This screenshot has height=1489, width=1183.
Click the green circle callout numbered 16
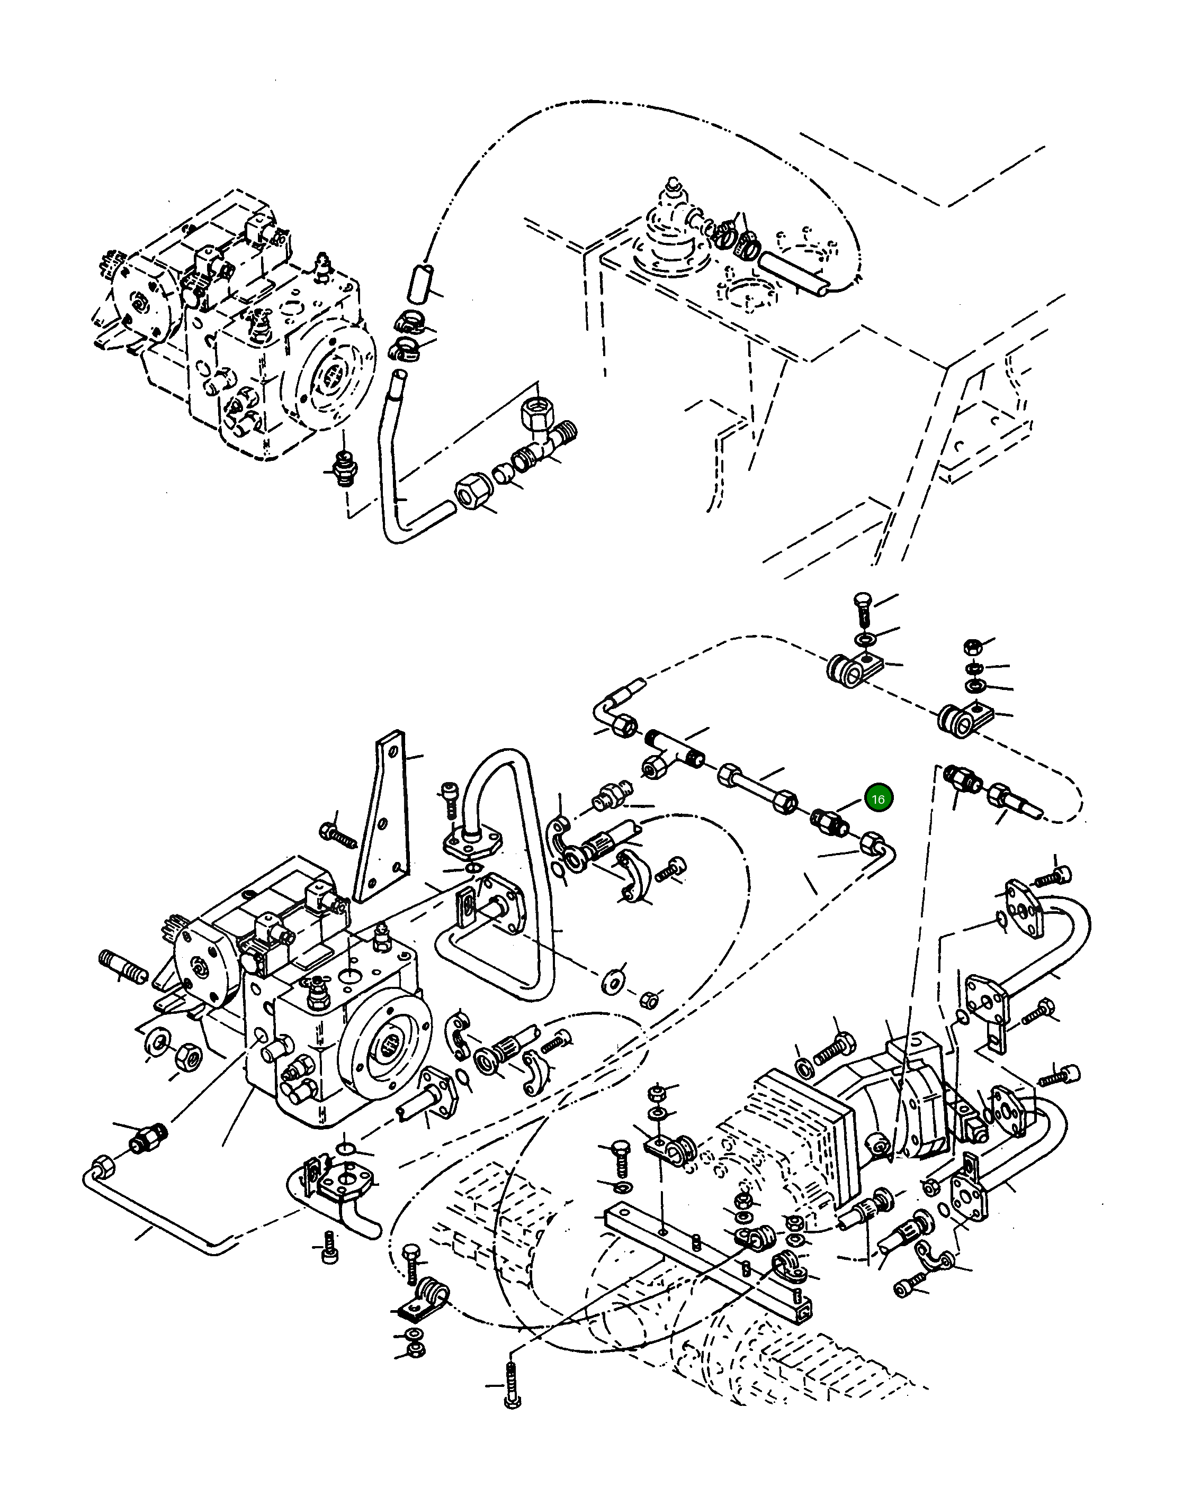click(877, 799)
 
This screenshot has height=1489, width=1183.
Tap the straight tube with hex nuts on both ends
click(757, 788)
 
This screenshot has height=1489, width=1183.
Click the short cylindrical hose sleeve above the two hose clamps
click(417, 283)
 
